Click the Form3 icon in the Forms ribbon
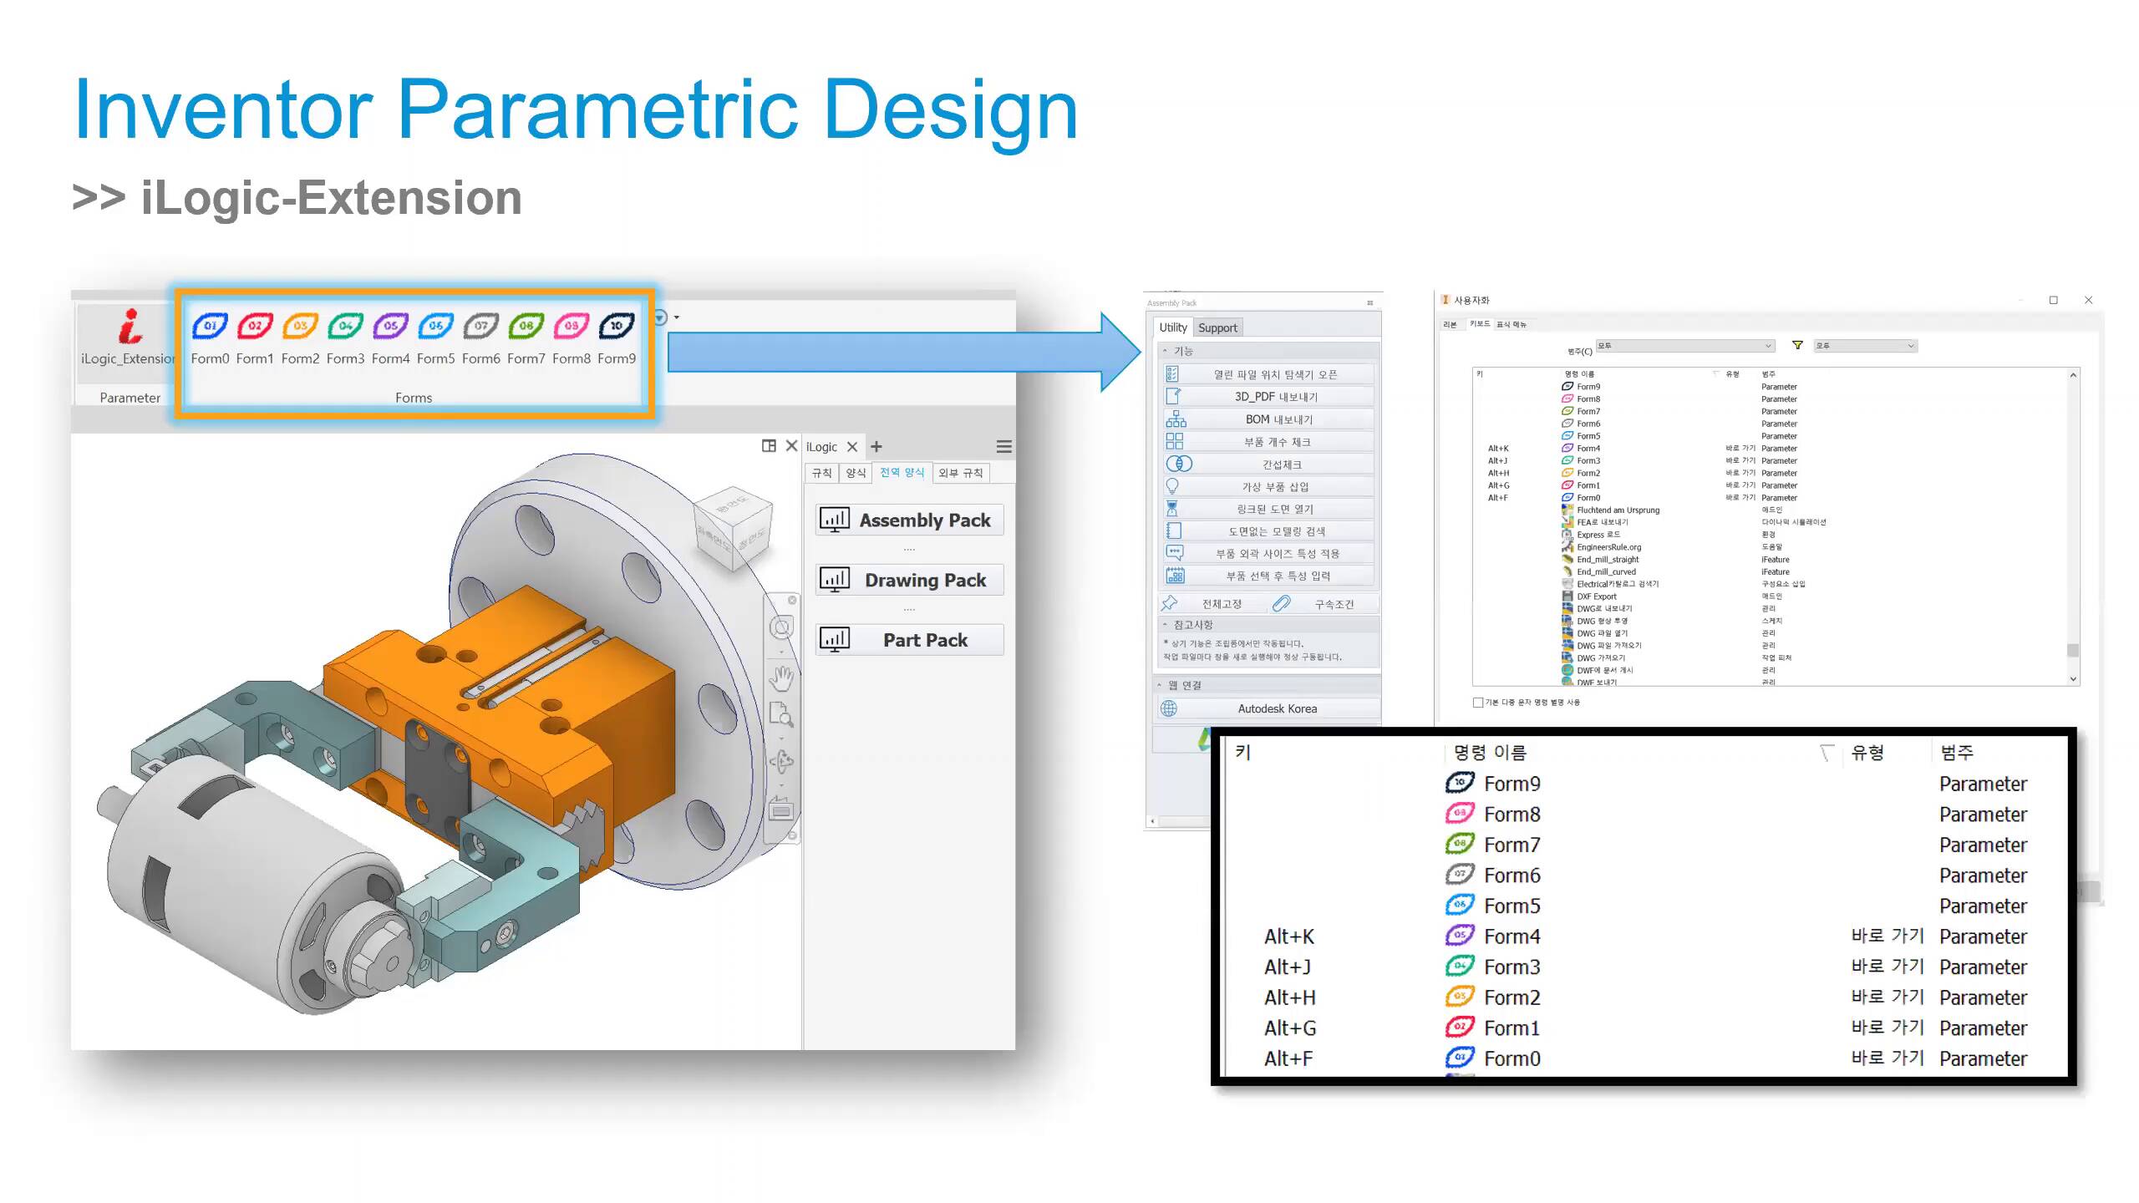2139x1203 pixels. (345, 326)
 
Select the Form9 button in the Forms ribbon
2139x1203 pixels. (617, 326)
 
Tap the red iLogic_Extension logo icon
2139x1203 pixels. (130, 327)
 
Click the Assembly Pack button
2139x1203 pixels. (909, 520)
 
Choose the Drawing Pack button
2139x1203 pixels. (909, 580)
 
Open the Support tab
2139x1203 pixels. (1217, 327)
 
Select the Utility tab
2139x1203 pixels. (1172, 327)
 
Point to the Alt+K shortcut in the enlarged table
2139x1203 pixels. (1289, 937)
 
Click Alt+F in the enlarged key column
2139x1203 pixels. (1288, 1058)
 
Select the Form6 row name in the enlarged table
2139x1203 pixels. (1512, 876)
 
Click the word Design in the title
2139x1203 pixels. (951, 109)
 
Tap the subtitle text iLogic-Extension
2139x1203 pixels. (331, 198)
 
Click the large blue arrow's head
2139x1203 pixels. (1120, 352)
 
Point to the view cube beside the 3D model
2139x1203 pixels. (733, 527)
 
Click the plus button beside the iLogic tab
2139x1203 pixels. (876, 447)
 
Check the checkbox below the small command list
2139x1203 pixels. (1478, 703)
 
